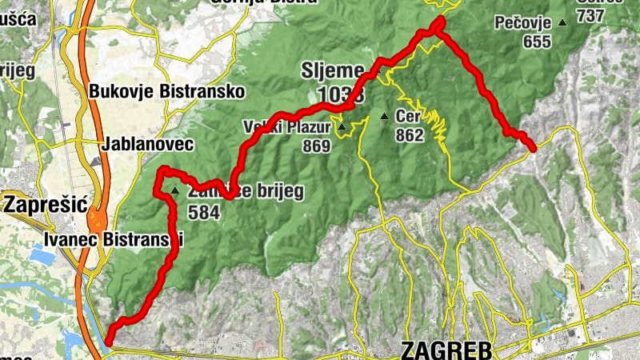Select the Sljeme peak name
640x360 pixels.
click(x=332, y=70)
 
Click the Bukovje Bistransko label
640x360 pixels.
click(x=166, y=92)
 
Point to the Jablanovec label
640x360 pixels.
click(x=148, y=145)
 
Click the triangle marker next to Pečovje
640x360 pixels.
click(x=563, y=23)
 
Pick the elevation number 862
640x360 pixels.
click(x=409, y=135)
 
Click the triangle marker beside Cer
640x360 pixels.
click(x=384, y=117)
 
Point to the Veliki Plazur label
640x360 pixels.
click(x=286, y=127)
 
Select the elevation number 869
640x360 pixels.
click(x=316, y=146)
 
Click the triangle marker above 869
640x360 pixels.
click(x=342, y=127)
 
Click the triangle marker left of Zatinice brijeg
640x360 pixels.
click(x=174, y=190)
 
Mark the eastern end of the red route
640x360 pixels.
click(x=533, y=145)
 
